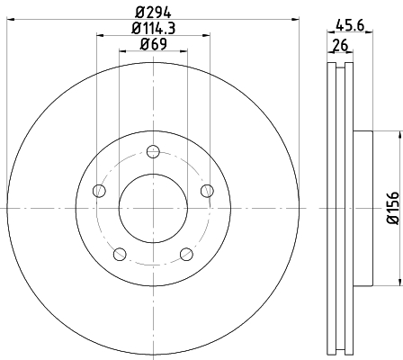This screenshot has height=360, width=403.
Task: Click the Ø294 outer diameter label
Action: click(153, 13)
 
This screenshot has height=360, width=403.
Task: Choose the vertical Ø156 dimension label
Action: click(392, 207)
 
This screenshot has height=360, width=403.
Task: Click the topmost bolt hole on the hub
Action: click(153, 150)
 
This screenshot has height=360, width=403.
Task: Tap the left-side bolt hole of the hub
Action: click(99, 190)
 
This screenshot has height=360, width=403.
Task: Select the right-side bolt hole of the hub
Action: click(207, 190)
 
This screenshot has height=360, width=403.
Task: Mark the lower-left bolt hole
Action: click(120, 253)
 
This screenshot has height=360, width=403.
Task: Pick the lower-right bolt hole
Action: click(186, 253)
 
